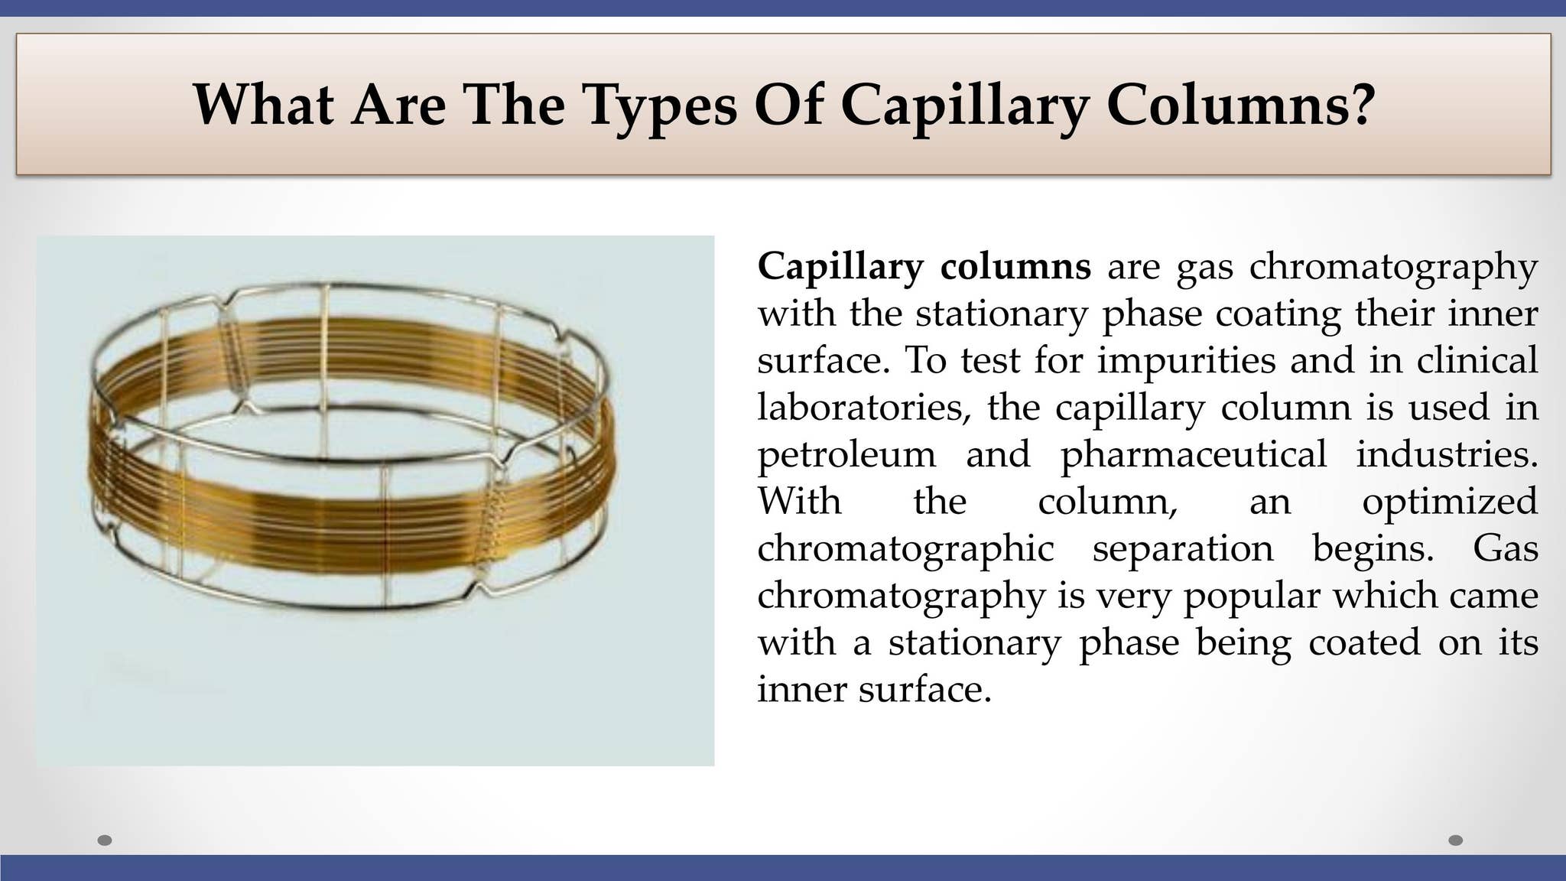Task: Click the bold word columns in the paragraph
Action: [x=1015, y=266]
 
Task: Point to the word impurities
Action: [x=1187, y=360]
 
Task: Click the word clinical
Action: [x=1477, y=359]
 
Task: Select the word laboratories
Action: [x=864, y=407]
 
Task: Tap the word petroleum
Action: [x=846, y=455]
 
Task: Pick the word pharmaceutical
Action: [x=1194, y=455]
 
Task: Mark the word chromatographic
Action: [x=905, y=549]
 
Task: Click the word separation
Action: [x=1183, y=549]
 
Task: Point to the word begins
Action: [x=1373, y=549]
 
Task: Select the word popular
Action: [x=1252, y=597]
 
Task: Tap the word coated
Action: [x=1364, y=642]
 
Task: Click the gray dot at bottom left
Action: [x=106, y=840]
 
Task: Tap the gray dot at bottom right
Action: [x=1456, y=840]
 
